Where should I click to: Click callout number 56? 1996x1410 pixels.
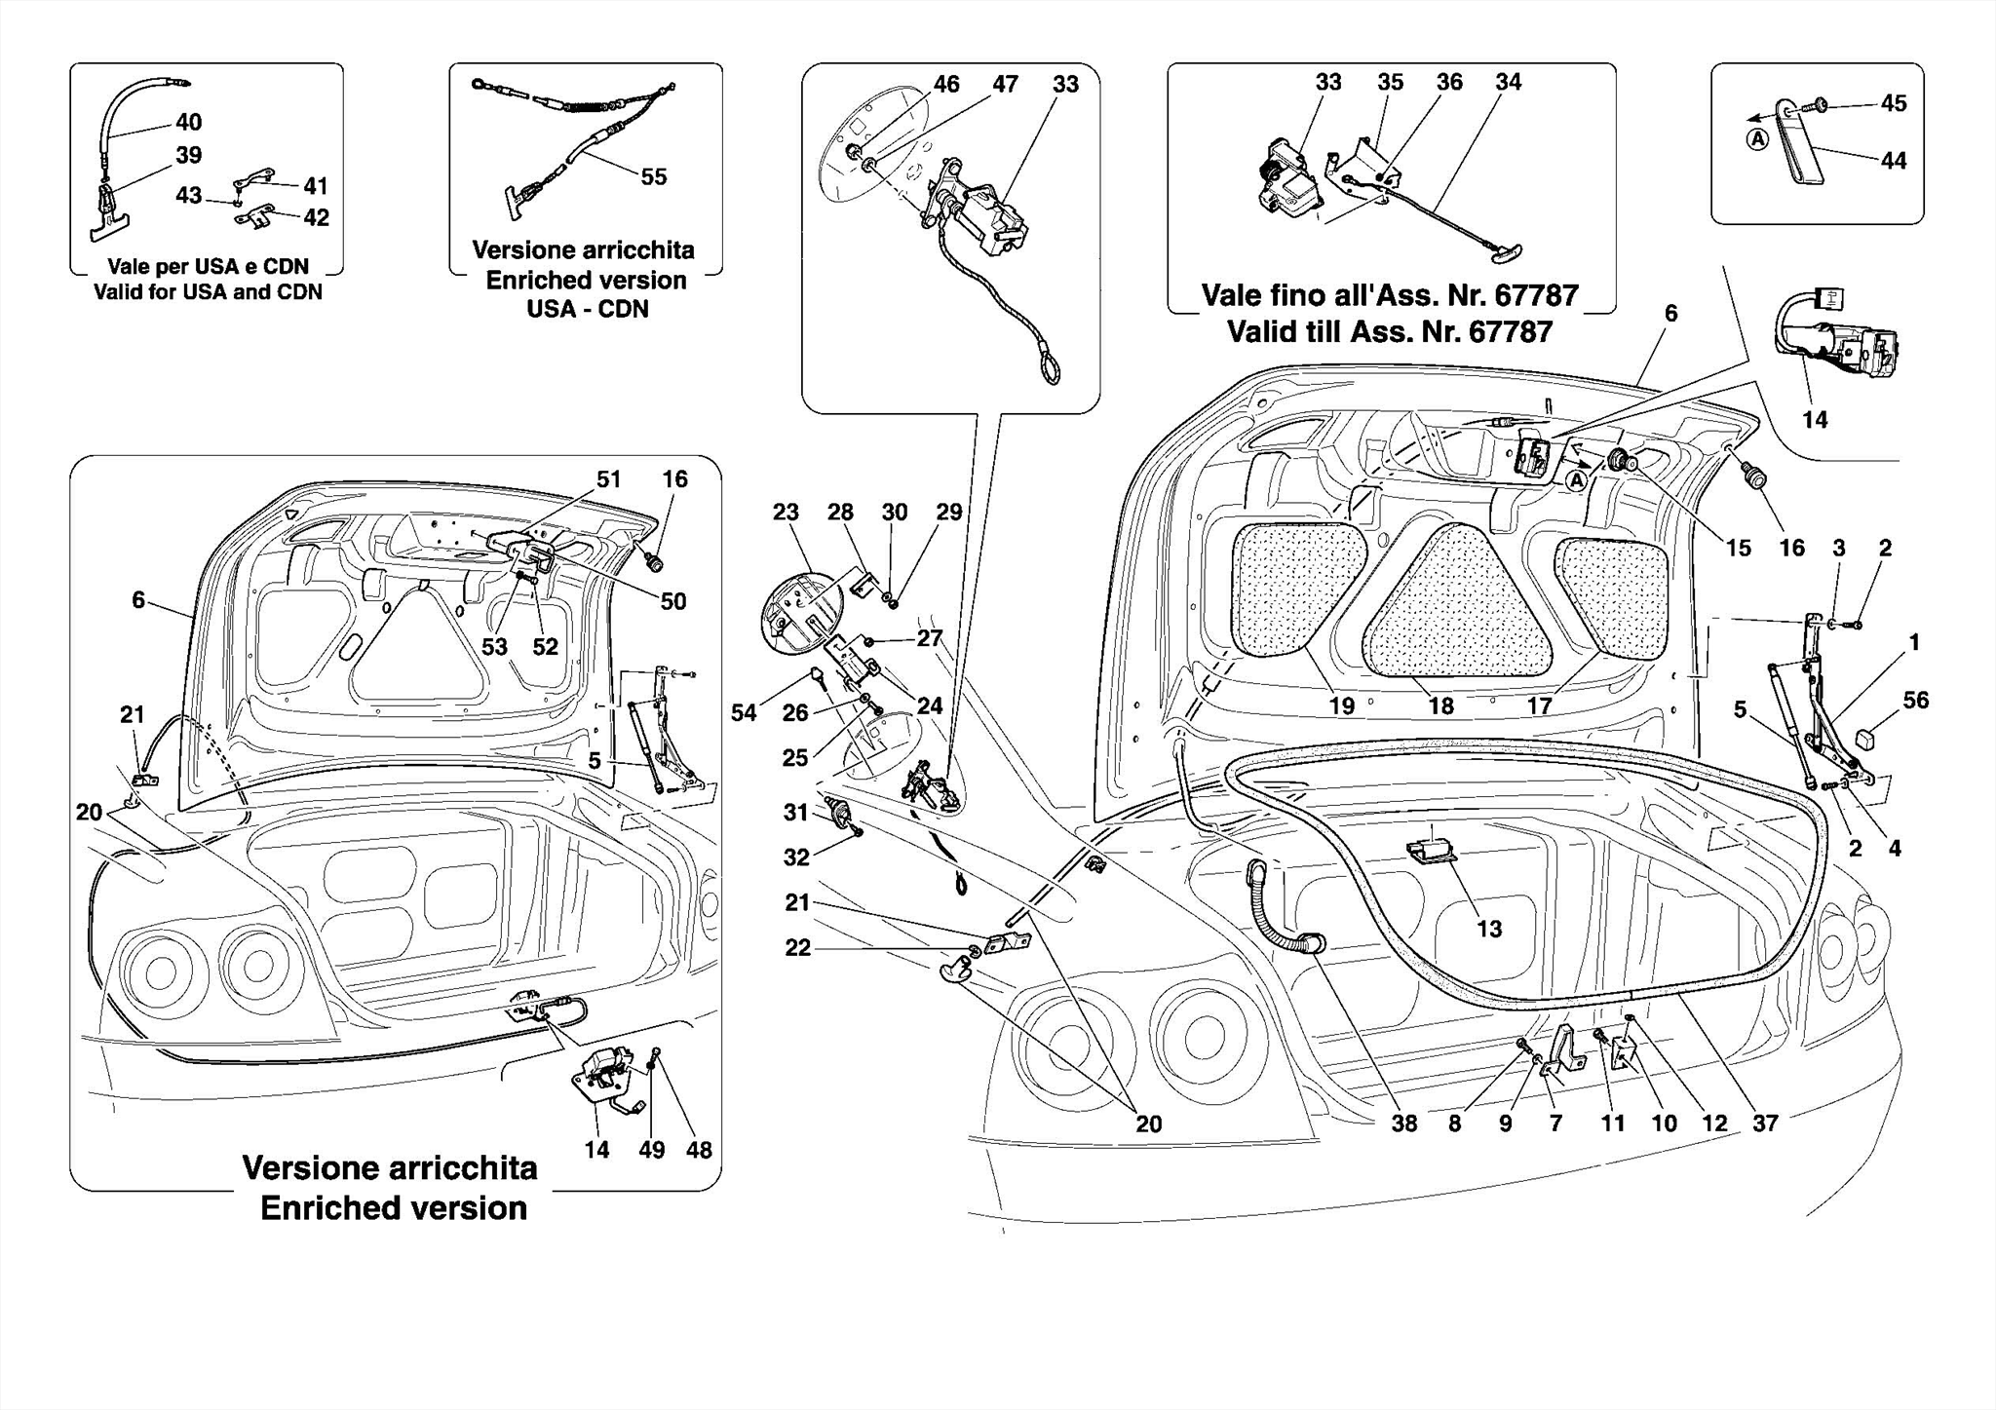tap(1915, 700)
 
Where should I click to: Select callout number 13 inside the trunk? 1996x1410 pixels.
tap(1489, 929)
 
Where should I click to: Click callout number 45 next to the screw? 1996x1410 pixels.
tap(1893, 103)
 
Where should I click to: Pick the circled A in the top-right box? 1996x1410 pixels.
tap(1756, 139)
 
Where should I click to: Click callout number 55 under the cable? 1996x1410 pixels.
tap(653, 176)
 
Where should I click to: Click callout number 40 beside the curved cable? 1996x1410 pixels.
tap(188, 122)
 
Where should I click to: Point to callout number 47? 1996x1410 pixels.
tap(1005, 84)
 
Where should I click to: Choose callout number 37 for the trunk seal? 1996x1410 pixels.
tap(1765, 1124)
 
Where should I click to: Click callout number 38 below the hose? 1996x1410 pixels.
tap(1403, 1124)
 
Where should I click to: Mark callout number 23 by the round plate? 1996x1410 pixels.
tap(786, 512)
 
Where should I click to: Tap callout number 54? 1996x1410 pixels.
tap(744, 712)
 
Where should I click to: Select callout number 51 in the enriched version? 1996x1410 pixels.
tap(608, 479)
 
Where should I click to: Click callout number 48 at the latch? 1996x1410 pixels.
tap(699, 1150)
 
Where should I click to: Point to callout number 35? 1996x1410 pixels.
tap(1390, 82)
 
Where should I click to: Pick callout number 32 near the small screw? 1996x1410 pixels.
tap(796, 857)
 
